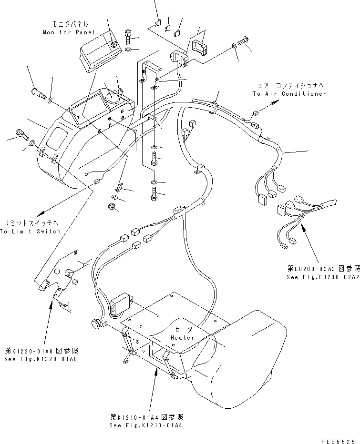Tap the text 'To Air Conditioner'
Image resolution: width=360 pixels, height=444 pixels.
[x=289, y=94]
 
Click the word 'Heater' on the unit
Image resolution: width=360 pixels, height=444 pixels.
[x=183, y=338]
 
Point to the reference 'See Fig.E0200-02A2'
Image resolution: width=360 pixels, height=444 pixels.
[x=323, y=277]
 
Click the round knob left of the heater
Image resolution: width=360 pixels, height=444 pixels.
[x=97, y=325]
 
